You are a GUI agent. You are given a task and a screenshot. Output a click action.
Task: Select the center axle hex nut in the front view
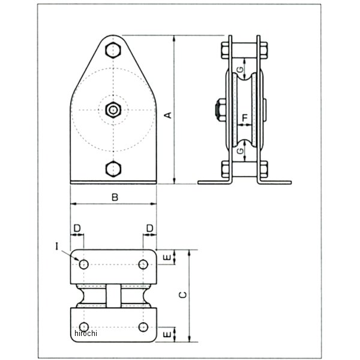(x=113, y=109)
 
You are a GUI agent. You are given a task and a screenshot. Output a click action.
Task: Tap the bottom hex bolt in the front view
(x=113, y=169)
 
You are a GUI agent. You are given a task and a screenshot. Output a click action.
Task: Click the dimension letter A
(x=170, y=114)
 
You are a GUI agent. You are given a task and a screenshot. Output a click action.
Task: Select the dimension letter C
(x=185, y=295)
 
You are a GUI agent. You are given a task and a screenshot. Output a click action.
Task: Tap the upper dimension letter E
(x=167, y=257)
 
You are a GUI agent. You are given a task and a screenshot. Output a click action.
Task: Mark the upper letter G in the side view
(x=240, y=70)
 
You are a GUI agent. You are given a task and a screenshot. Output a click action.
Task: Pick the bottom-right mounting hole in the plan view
(x=143, y=326)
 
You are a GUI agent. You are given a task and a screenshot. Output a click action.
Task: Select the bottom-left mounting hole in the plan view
(x=83, y=326)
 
